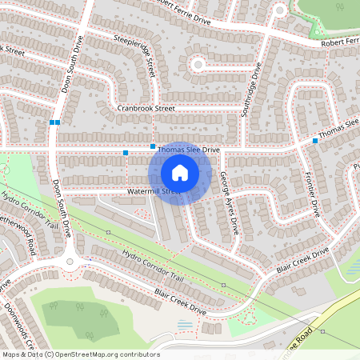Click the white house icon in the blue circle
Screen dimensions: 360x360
[180, 172]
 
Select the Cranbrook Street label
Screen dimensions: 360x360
[145, 108]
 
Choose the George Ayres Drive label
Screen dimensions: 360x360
[230, 203]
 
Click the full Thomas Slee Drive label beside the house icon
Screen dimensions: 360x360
[188, 150]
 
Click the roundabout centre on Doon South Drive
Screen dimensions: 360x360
[70, 259]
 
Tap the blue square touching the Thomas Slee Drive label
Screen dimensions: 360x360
[153, 146]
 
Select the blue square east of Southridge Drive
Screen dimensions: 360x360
[315, 141]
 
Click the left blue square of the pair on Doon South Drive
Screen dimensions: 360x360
[51, 122]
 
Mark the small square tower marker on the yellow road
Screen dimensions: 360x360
[323, 330]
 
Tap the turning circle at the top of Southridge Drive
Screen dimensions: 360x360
[279, 10]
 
